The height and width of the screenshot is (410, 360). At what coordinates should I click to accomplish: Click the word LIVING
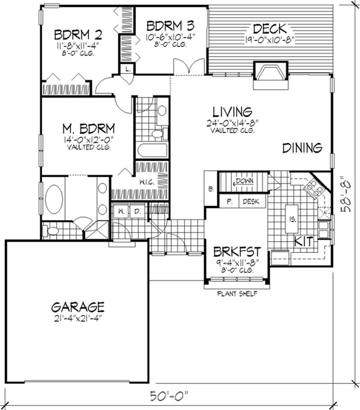point(232,111)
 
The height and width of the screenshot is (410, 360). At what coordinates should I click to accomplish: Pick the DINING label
point(302,148)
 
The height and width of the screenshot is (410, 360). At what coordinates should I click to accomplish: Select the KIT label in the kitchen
point(303,241)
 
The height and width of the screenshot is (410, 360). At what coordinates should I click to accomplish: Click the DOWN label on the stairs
point(245,181)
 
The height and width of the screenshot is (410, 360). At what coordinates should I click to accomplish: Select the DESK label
point(251,202)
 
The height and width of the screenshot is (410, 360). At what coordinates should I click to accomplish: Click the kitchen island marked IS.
point(291,219)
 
